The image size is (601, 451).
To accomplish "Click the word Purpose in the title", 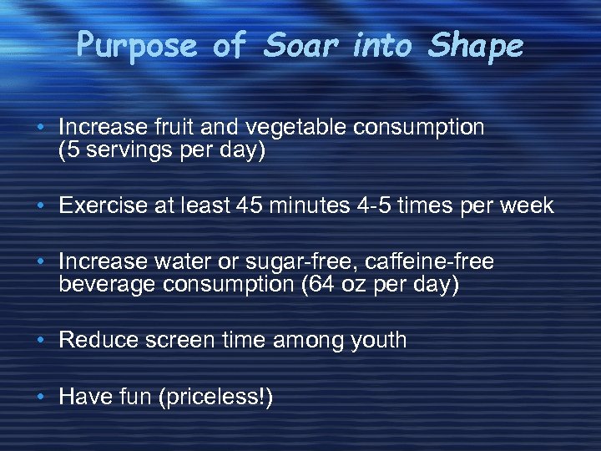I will coord(137,45).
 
